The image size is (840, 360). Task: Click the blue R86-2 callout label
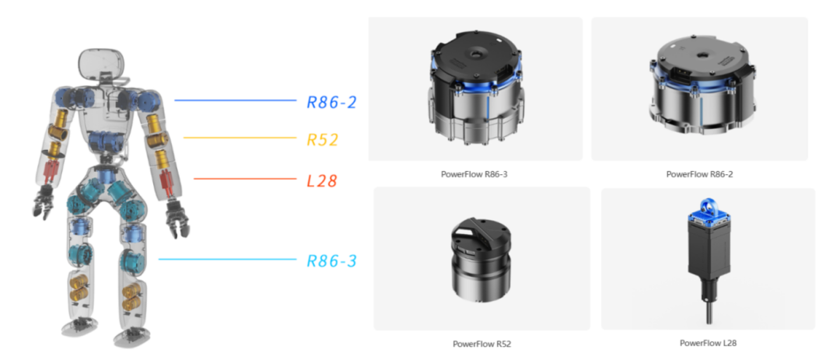click(x=331, y=101)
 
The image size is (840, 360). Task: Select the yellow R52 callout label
click(x=322, y=141)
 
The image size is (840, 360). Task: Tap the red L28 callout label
click(x=322, y=182)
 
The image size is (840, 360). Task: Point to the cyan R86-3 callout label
click(x=331, y=261)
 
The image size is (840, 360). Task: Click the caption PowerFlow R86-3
click(x=474, y=174)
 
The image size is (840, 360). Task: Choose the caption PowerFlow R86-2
click(x=699, y=174)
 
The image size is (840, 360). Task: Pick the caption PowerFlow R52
click(x=481, y=344)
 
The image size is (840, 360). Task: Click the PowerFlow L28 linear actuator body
click(x=708, y=253)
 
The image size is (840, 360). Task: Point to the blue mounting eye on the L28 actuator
click(x=709, y=205)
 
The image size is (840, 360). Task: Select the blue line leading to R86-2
click(x=236, y=100)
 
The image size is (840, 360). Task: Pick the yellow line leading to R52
click(x=240, y=138)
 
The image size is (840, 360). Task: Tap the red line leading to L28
click(x=245, y=180)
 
